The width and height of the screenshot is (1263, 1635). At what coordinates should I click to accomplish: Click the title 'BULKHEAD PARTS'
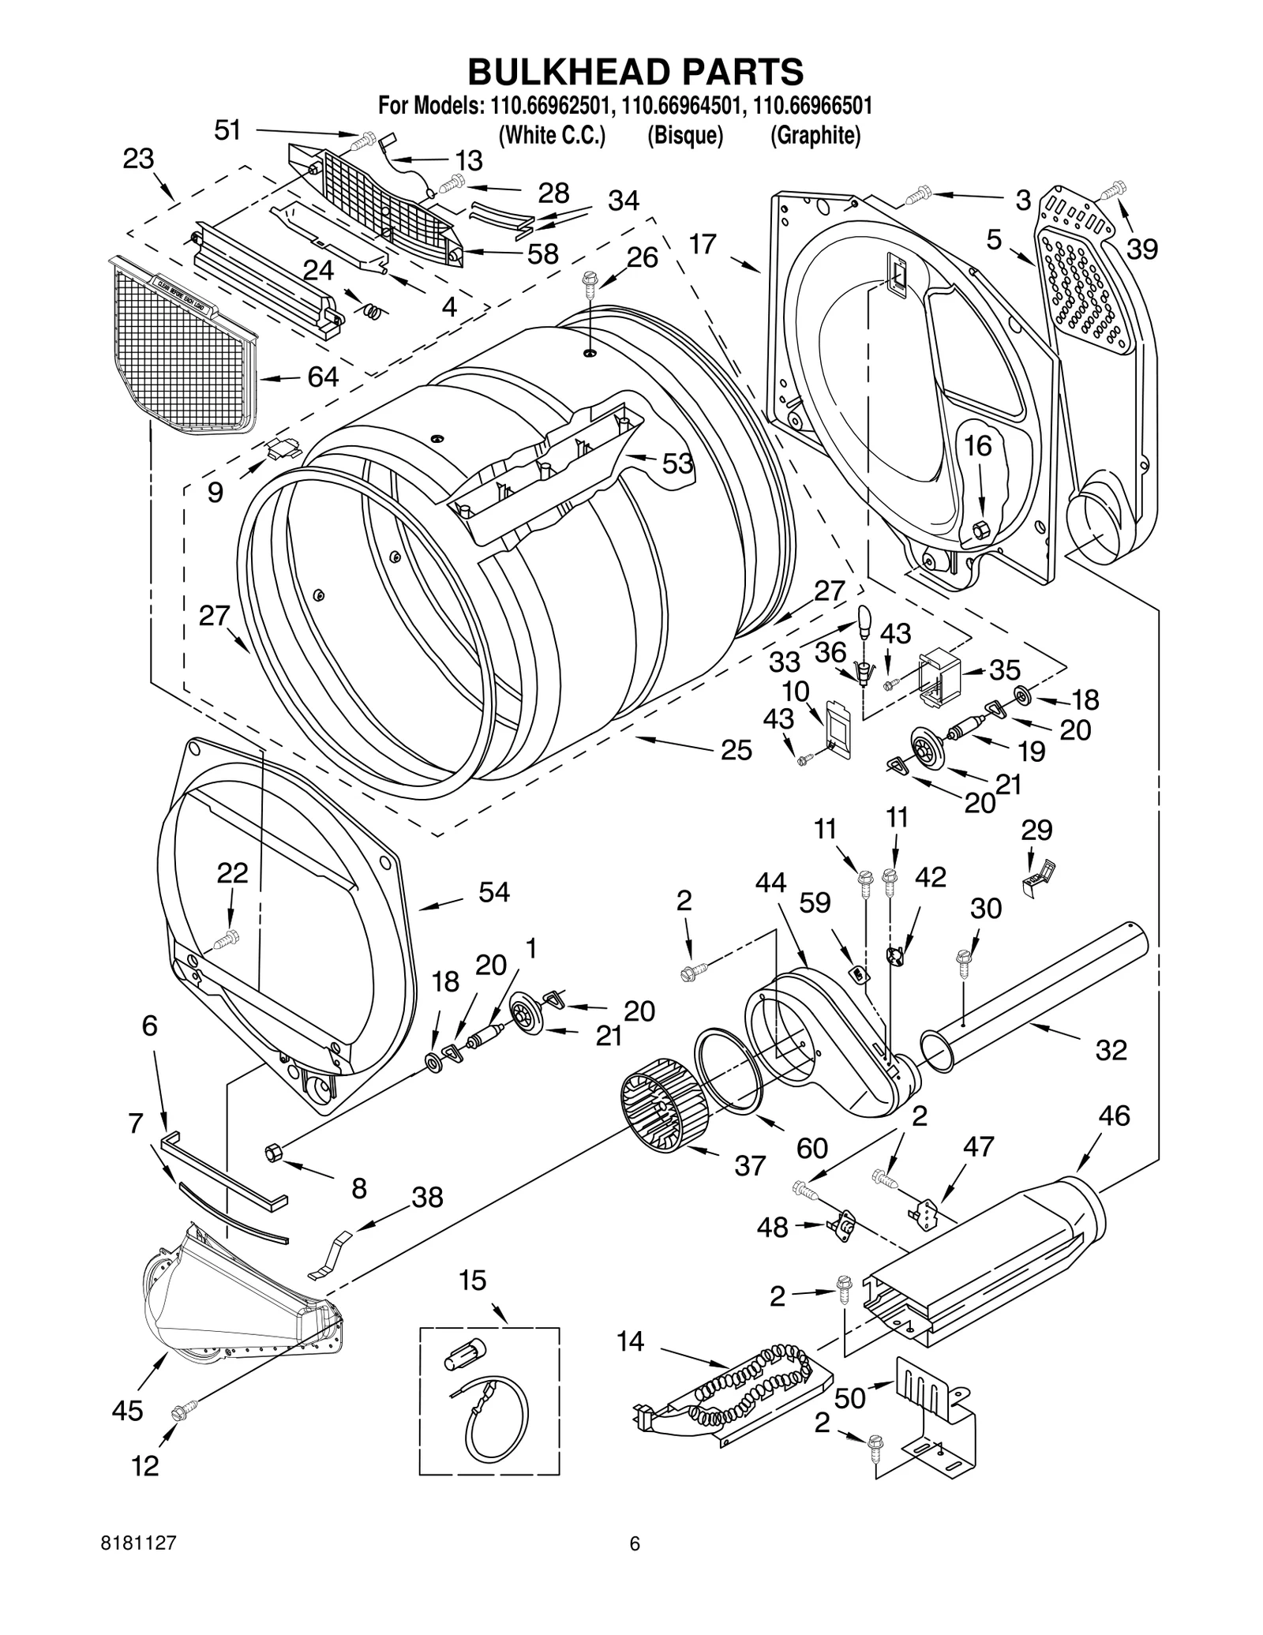click(635, 72)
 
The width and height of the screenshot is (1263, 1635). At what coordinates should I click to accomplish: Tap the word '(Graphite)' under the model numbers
click(815, 136)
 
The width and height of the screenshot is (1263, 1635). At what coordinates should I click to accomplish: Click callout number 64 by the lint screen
click(322, 377)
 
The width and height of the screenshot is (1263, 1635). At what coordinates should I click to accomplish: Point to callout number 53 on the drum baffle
click(677, 463)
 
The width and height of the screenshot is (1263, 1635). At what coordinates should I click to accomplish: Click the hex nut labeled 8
click(272, 1153)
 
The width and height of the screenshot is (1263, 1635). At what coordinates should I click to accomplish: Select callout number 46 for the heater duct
click(1113, 1115)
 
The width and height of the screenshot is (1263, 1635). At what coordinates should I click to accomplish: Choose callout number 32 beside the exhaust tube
click(1111, 1050)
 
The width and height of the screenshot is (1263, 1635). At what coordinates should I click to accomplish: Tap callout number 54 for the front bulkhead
click(494, 892)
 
